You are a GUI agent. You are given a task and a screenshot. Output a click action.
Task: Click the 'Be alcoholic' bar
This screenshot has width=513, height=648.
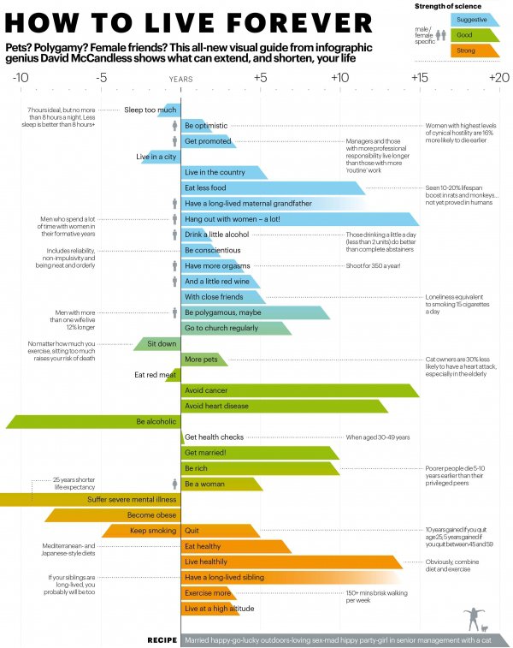click(94, 421)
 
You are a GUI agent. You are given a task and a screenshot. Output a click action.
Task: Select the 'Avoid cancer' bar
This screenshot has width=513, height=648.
click(299, 390)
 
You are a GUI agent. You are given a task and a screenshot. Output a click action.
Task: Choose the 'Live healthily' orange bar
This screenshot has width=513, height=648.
click(291, 562)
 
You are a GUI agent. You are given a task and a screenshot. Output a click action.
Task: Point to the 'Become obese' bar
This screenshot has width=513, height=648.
click(111, 515)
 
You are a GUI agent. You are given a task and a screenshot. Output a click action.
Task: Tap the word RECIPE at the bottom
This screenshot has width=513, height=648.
click(162, 639)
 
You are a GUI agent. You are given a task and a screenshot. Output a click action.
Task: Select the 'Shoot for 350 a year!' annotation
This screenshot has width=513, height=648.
click(373, 265)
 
